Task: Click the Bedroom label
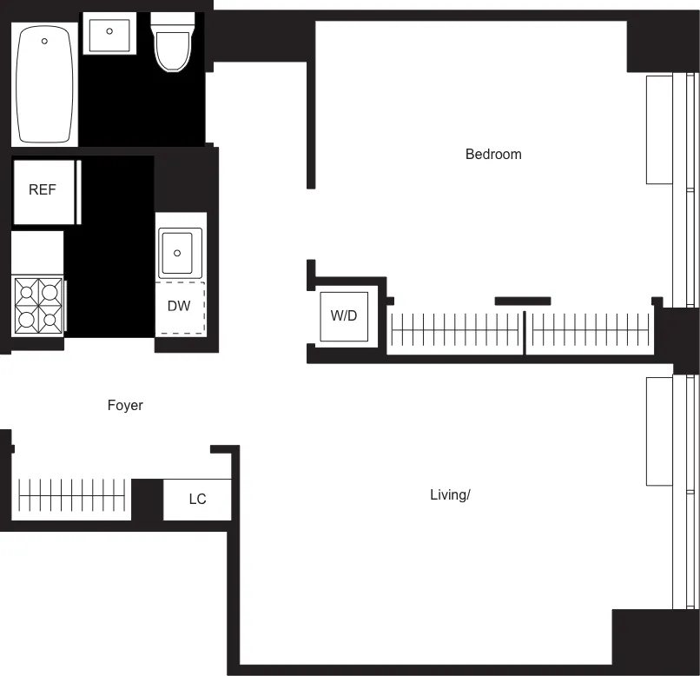[x=493, y=155]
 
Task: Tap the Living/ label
[x=450, y=495]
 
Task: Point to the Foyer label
[x=125, y=405]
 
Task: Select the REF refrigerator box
[x=43, y=190]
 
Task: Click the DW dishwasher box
[x=180, y=307]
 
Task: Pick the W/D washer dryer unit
[x=344, y=315]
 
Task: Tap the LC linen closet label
[x=198, y=499]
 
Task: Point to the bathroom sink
[x=109, y=33]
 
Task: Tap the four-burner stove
[x=38, y=306]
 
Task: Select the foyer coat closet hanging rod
[x=72, y=495]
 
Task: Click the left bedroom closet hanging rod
[x=456, y=331]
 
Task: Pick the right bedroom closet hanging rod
[x=591, y=331]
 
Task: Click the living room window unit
[x=660, y=431]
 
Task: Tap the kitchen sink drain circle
[x=177, y=253]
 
